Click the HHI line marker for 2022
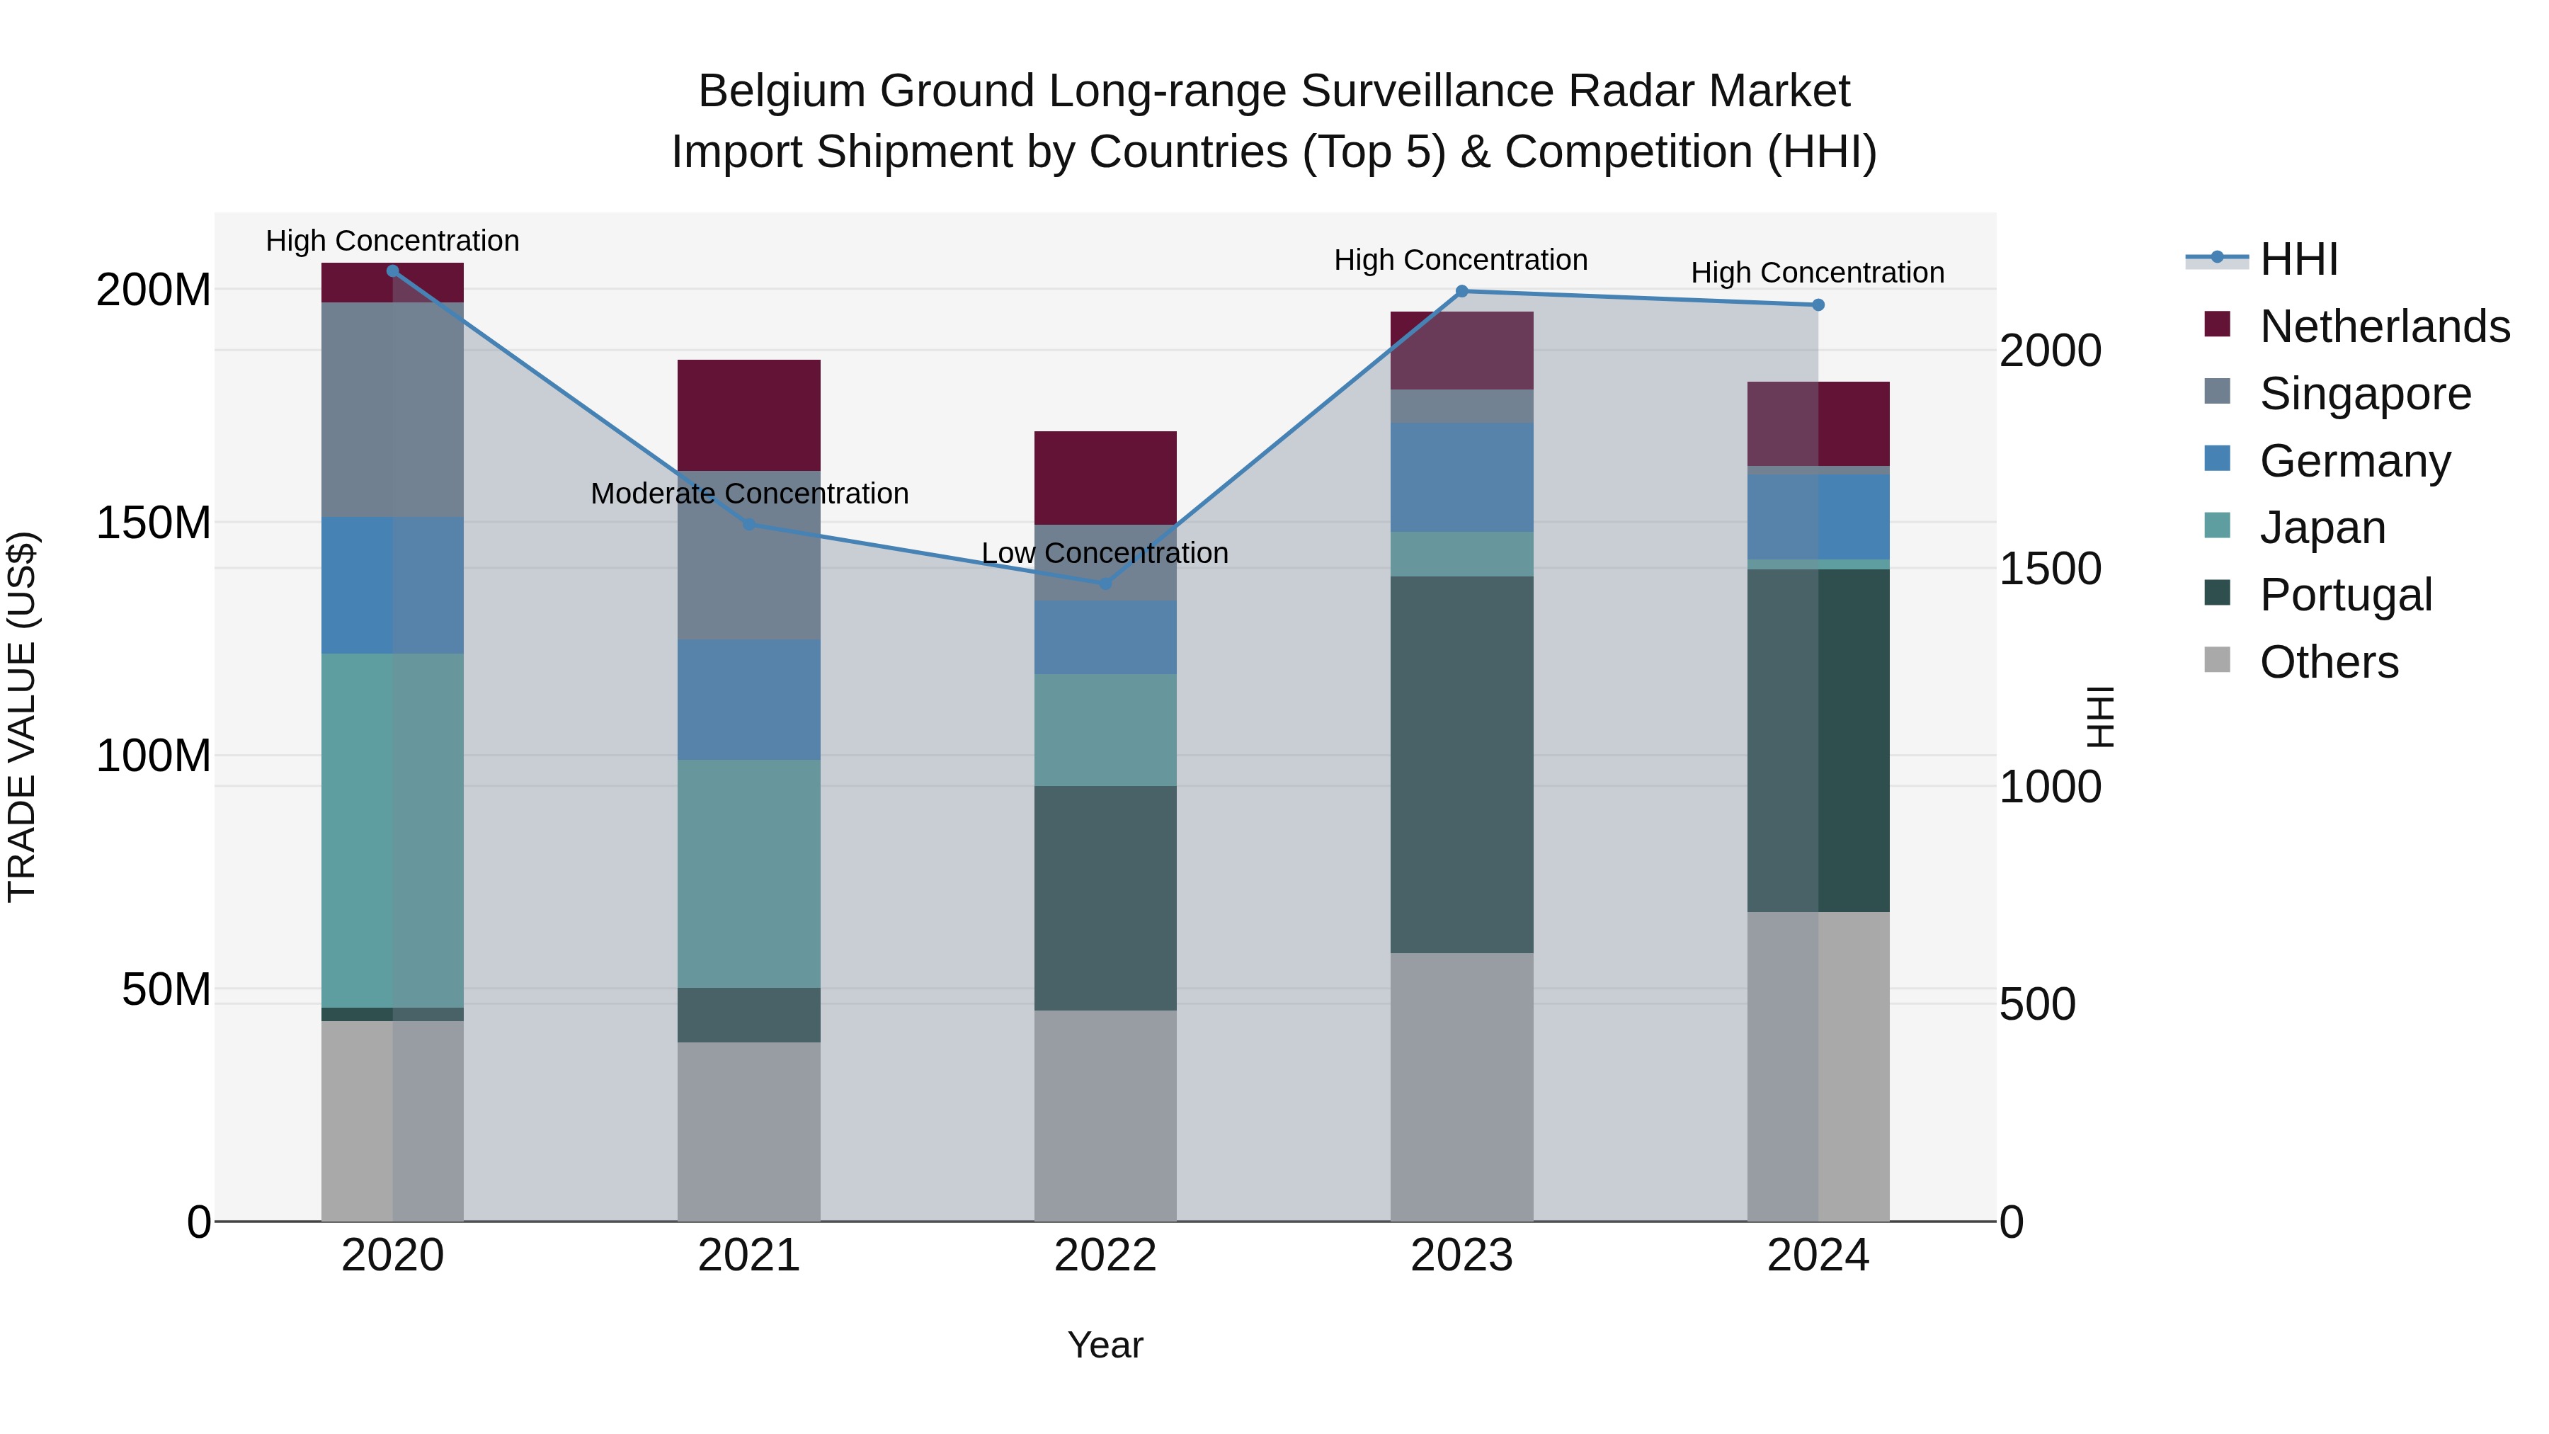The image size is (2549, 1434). (1105, 584)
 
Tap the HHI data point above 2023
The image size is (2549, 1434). (1461, 291)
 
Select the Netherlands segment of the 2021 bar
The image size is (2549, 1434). (749, 415)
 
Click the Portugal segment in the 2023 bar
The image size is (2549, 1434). (1461, 764)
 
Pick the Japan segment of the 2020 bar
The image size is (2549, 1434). (393, 831)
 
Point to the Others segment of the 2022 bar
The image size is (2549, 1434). (1105, 1115)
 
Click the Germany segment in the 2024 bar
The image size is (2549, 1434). (1818, 517)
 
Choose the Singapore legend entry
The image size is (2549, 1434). (2365, 394)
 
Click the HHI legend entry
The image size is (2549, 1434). (2298, 259)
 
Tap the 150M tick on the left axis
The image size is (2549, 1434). (154, 523)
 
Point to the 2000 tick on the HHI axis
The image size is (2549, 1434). (2051, 351)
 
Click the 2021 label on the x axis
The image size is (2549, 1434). (749, 1256)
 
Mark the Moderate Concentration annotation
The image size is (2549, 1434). (749, 493)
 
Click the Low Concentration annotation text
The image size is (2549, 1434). (1105, 552)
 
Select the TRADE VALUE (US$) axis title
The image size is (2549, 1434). (22, 717)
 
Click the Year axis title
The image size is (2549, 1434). (1105, 1345)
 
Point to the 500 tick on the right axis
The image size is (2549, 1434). (2037, 1003)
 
